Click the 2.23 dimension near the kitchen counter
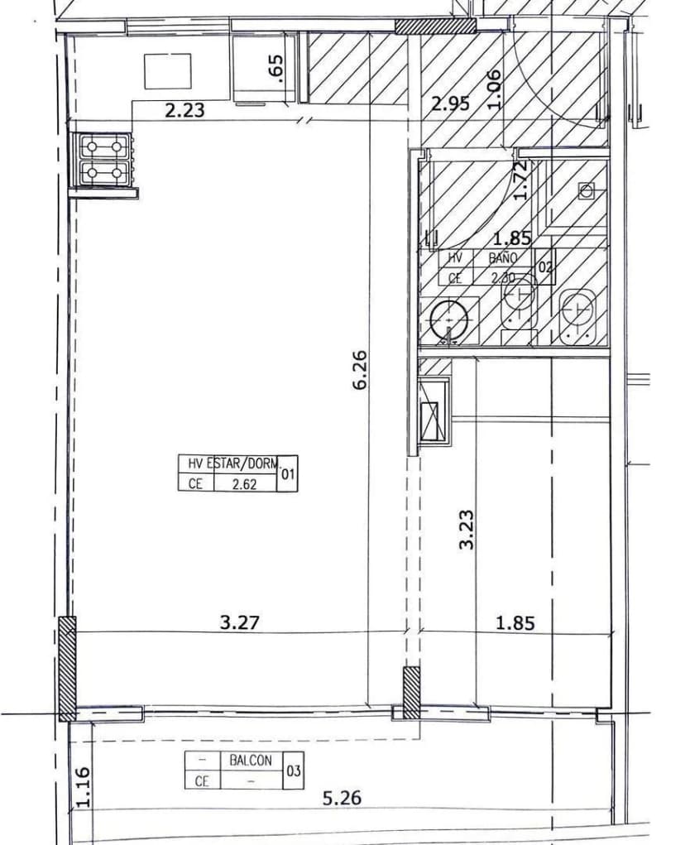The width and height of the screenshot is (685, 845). click(x=184, y=110)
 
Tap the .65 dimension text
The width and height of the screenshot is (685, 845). click(x=277, y=67)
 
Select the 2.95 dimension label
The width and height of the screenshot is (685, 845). click(x=451, y=103)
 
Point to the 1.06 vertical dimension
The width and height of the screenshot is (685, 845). click(x=494, y=89)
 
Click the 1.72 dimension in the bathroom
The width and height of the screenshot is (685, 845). click(x=520, y=181)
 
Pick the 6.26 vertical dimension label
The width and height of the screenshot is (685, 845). click(x=361, y=371)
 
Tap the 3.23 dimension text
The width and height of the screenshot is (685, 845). click(x=467, y=529)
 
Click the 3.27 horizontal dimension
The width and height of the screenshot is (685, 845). click(x=241, y=622)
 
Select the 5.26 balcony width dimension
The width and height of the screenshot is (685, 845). click(x=341, y=799)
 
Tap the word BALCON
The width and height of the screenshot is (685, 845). click(x=250, y=760)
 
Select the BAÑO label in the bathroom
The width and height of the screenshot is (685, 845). click(x=502, y=258)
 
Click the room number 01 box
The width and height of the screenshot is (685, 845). click(x=288, y=474)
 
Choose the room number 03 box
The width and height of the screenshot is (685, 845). click(x=293, y=771)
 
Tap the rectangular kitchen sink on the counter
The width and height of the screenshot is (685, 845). click(x=168, y=71)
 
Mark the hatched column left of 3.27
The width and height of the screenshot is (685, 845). click(x=67, y=668)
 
